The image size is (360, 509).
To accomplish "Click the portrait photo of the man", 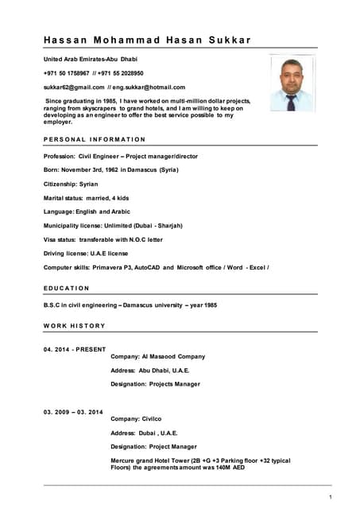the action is [x=292, y=83].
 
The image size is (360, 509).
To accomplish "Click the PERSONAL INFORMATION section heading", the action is [x=95, y=140].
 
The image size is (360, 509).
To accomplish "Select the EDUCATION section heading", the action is [x=67, y=288].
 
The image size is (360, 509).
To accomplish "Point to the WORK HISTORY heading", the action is [x=74, y=325].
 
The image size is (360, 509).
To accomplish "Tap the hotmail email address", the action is [x=149, y=87].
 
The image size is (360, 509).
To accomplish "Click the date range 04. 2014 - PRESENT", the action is [x=75, y=348].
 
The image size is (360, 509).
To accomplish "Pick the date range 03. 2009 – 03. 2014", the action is [x=74, y=411].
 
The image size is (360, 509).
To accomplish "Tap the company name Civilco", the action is [x=152, y=418].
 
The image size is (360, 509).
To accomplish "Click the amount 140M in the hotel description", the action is [x=213, y=468].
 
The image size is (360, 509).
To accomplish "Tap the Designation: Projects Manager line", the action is [x=155, y=384].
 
